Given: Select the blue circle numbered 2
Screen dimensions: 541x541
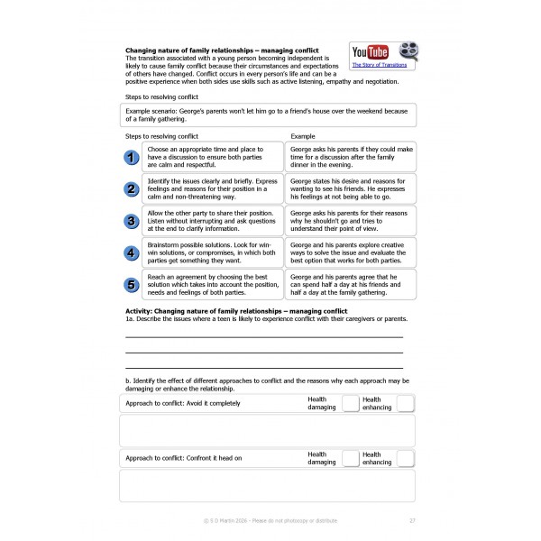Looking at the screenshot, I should tap(131, 188).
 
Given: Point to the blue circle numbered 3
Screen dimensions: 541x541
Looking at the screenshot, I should tap(131, 220).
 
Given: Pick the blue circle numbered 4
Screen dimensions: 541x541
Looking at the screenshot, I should tap(131, 252).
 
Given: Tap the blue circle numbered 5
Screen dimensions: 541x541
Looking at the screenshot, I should tap(131, 284).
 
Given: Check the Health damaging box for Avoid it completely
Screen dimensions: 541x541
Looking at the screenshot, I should tap(350, 404).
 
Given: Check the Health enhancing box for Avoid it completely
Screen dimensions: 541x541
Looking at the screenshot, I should tap(405, 404).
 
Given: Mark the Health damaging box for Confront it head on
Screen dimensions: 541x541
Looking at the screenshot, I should tap(350, 458).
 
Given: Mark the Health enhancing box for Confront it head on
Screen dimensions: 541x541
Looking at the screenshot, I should tap(405, 458).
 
